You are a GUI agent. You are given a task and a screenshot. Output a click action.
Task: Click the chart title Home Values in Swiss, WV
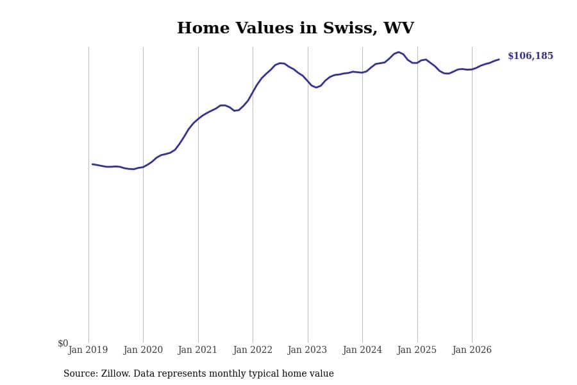[x=296, y=28]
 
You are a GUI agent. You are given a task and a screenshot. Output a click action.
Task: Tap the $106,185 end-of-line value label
[x=530, y=56]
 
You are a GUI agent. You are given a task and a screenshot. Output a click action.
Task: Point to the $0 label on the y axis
[x=63, y=343]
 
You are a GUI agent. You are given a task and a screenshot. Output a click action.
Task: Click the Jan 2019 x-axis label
[x=88, y=350]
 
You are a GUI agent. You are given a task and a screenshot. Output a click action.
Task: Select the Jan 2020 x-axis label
[x=143, y=350]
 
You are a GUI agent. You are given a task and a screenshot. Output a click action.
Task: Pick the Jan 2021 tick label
[x=197, y=350]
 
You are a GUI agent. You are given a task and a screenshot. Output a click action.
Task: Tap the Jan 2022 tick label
[x=253, y=350]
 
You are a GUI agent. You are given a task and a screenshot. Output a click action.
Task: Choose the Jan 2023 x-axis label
[x=307, y=350]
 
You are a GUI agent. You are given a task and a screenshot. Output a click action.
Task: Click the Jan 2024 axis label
[x=362, y=350]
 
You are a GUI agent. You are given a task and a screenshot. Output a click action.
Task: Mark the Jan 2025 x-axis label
[x=417, y=350]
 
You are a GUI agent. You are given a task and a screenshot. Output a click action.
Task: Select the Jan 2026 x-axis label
[x=472, y=350]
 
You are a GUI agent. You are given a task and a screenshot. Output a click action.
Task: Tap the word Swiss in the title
[x=349, y=28]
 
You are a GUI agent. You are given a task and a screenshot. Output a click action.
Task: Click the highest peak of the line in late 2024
[x=398, y=53]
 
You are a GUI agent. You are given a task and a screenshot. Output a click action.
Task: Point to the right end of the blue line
[x=499, y=59]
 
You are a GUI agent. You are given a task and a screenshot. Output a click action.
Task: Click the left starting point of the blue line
[x=92, y=164]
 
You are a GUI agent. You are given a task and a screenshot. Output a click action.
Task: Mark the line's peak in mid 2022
[x=281, y=63]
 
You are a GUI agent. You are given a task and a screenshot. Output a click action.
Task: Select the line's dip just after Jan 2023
[x=316, y=87]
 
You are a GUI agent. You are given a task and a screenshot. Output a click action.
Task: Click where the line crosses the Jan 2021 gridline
[x=198, y=119]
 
